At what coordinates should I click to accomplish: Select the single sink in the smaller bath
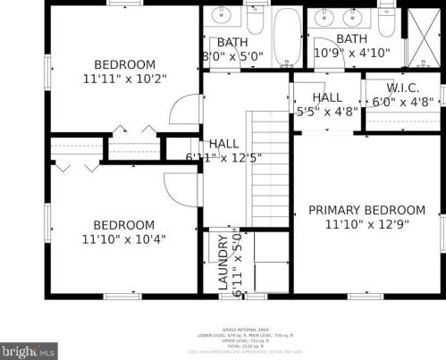(219, 17)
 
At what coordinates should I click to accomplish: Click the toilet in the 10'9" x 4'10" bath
(386, 13)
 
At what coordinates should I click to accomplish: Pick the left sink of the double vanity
(323, 17)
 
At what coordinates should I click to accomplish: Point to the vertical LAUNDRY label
(224, 264)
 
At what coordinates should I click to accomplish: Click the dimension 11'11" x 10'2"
(124, 79)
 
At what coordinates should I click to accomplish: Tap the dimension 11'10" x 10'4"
(123, 239)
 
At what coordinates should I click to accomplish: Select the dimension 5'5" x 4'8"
(327, 112)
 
